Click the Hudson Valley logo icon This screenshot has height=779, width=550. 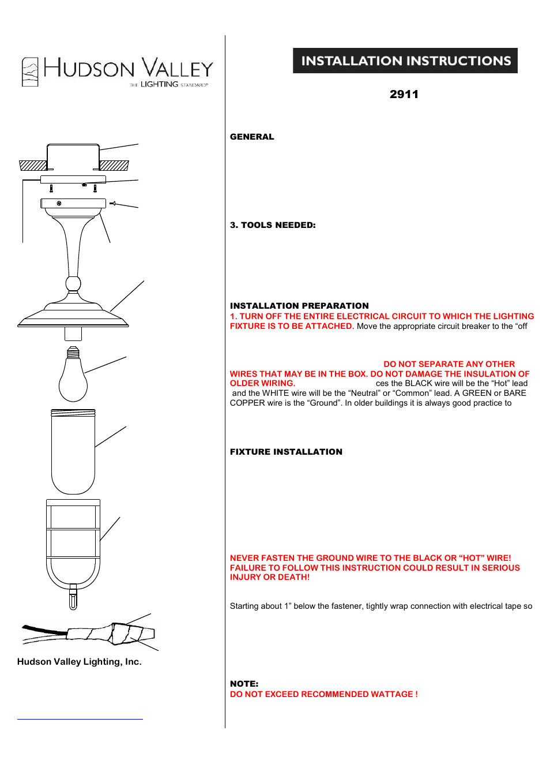click(30, 72)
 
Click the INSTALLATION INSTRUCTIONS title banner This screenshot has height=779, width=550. click(405, 61)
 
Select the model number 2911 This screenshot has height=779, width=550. click(404, 94)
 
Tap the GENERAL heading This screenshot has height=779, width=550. click(252, 137)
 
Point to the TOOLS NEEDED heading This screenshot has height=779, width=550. click(273, 225)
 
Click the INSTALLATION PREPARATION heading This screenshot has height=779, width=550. click(299, 306)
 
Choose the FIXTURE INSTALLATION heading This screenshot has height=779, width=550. click(286, 452)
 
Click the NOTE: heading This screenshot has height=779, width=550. click(244, 684)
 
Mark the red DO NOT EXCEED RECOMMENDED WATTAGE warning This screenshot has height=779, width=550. click(323, 694)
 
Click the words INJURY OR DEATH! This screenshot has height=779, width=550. click(270, 577)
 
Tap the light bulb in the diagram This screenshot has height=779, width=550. click(73, 378)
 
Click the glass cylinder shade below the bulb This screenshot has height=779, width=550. click(73, 451)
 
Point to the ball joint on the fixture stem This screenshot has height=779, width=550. click(73, 283)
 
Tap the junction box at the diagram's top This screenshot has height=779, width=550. click(73, 157)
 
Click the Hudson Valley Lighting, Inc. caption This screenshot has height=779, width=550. click(80, 662)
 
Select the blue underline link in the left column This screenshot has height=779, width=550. click(80, 718)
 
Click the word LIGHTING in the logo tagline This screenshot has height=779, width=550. click(160, 84)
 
